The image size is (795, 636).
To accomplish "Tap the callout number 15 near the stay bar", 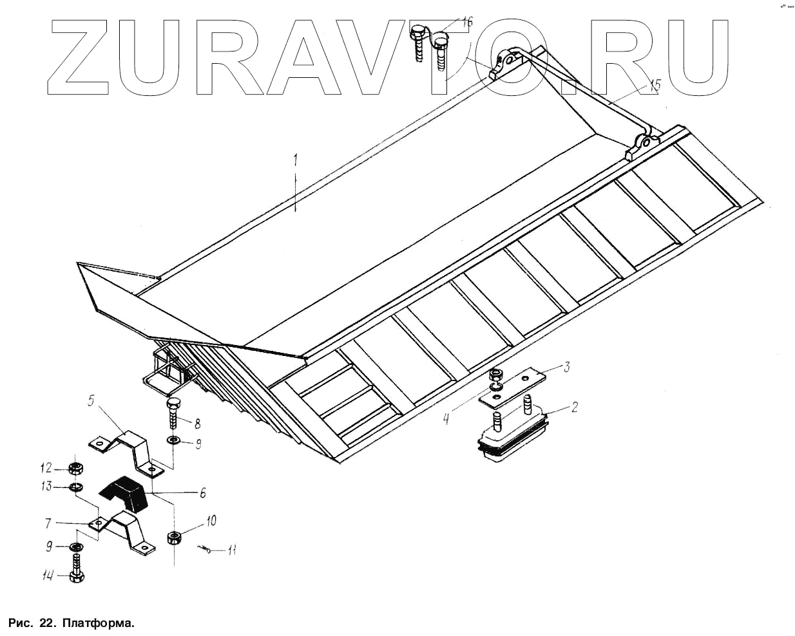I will [655, 85].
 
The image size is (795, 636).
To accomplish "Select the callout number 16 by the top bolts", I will [467, 23].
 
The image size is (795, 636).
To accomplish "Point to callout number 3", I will [566, 368].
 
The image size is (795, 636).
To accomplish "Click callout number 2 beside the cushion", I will [574, 407].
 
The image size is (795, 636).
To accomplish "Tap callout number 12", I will [47, 467].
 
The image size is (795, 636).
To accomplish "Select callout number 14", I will [47, 577].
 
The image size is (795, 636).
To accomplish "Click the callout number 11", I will [232, 550].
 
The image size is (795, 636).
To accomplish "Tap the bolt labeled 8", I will [175, 412].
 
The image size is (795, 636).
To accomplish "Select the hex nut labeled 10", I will [173, 536].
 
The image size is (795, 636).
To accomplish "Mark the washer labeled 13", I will [75, 487].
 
